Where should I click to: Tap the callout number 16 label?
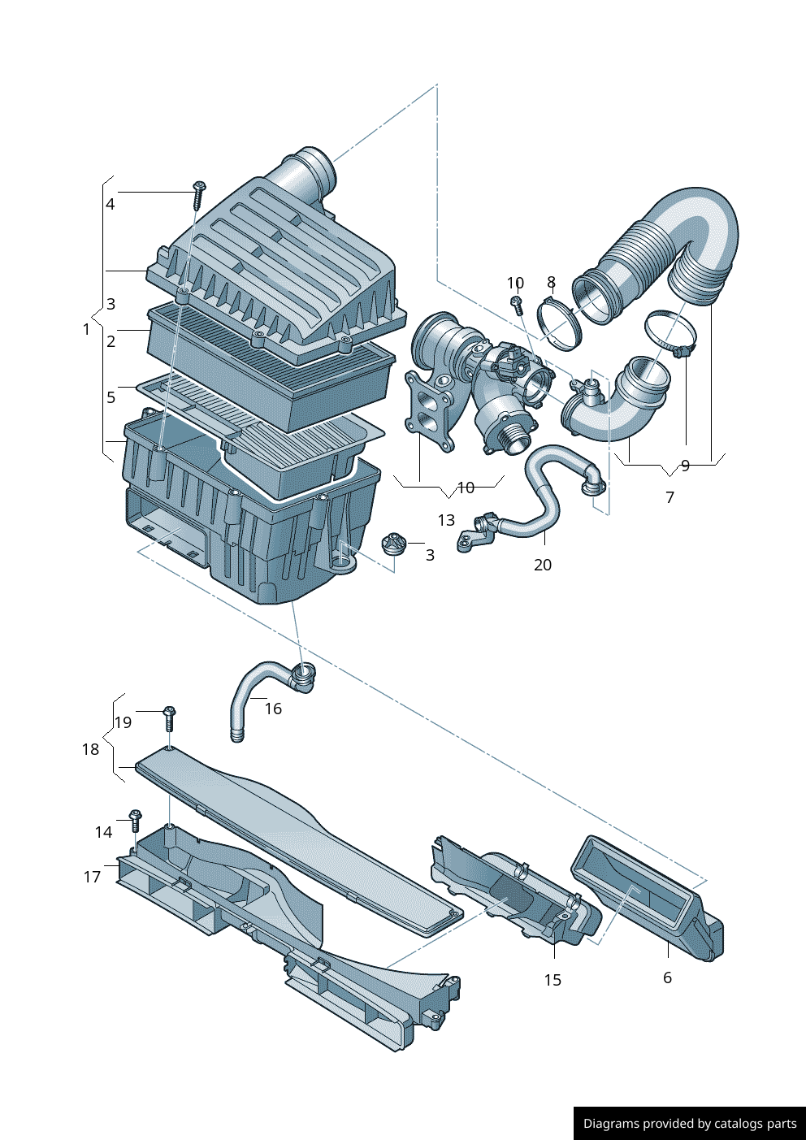[273, 709]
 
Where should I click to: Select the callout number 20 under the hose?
[543, 565]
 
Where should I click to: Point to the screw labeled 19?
[170, 718]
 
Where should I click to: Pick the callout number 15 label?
[552, 980]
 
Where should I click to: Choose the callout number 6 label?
[667, 977]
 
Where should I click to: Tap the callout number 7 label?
[669, 496]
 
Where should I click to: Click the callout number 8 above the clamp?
[551, 283]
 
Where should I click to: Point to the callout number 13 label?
[446, 520]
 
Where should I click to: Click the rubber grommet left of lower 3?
[395, 544]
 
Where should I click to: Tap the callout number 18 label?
[90, 749]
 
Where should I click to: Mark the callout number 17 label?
[92, 877]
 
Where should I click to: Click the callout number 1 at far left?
[86, 329]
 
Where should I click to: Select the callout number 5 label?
[111, 397]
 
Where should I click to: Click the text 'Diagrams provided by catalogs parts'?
[690, 1124]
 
